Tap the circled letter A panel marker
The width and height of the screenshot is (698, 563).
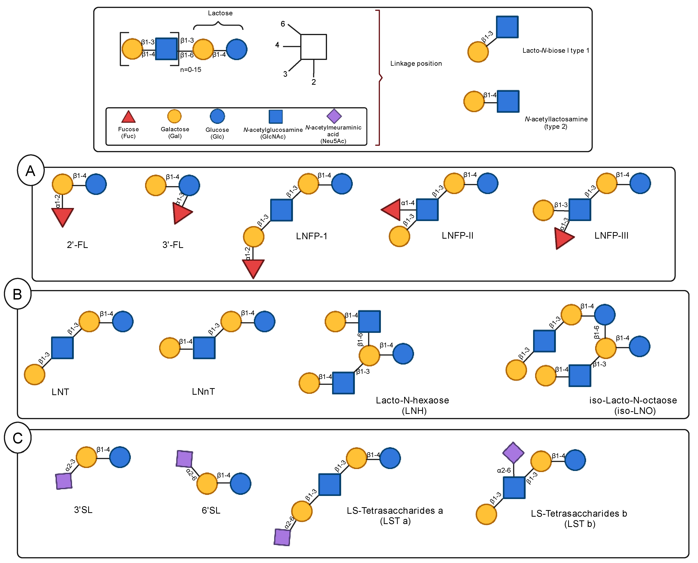30,170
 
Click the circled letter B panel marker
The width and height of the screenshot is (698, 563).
17,294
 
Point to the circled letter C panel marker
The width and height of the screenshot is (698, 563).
17,438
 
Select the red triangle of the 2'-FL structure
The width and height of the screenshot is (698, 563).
63,216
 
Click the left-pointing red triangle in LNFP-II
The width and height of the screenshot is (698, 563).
392,210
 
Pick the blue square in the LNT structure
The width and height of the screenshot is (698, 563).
62,348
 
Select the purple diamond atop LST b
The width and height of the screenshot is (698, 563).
513,452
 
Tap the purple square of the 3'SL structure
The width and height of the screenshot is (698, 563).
64,481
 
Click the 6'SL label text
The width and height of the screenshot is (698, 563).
211,510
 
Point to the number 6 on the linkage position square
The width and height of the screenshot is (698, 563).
283,24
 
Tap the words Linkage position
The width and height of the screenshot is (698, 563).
416,64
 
